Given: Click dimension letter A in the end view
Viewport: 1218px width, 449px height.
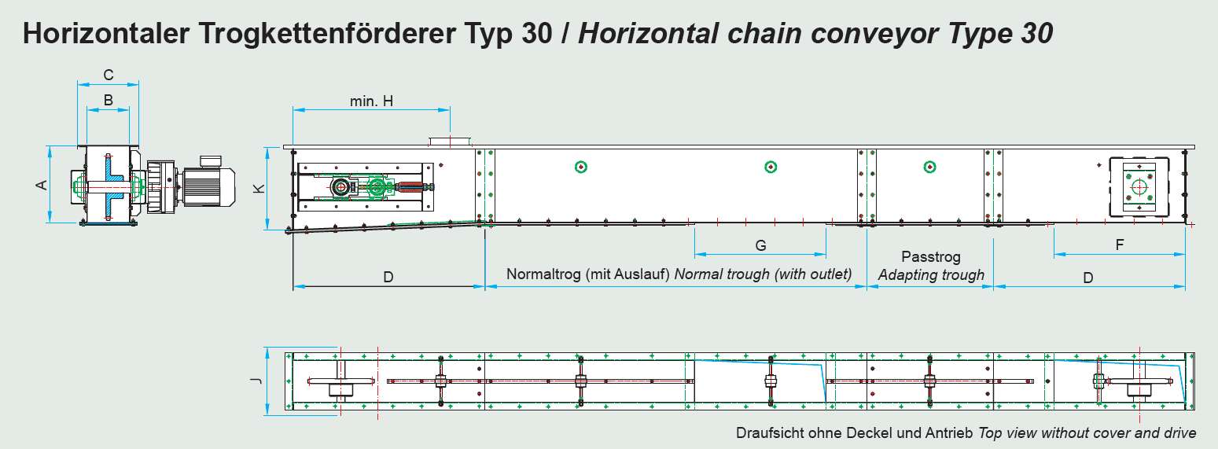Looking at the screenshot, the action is point(42,185).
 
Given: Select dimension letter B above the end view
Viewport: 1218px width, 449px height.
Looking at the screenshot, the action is point(109,100).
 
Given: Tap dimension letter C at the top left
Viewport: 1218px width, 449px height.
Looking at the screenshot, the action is point(109,75).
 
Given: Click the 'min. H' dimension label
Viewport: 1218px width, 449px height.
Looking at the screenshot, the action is point(371,101).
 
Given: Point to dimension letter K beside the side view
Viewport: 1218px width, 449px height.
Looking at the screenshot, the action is point(259,189).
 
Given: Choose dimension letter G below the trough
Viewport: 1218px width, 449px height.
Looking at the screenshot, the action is point(760,245).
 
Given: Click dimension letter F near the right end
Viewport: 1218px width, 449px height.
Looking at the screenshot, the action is point(1120,245).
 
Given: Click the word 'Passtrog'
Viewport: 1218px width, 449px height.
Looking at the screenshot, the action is point(931,257).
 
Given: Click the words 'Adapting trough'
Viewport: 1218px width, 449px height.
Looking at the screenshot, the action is point(932,275).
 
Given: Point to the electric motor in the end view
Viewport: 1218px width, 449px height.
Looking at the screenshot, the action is point(208,183).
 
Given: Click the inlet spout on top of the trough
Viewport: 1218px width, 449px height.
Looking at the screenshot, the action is point(451,142).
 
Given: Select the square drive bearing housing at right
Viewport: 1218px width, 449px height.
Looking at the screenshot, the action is point(1139,188).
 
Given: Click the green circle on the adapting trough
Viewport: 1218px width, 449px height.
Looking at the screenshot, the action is point(929,167).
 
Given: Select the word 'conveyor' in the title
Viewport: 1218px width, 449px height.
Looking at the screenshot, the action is point(874,34).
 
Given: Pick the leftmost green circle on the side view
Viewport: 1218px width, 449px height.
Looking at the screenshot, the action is point(581,167).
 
